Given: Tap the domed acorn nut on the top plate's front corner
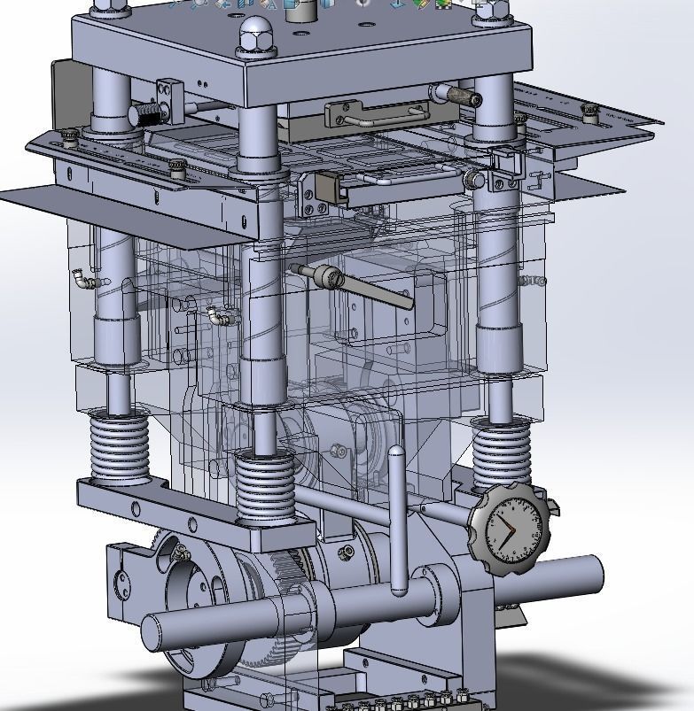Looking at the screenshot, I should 249,36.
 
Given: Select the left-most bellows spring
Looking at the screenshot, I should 118,448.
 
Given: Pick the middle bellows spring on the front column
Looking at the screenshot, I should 264,486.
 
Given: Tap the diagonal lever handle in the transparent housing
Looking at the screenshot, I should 372,290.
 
